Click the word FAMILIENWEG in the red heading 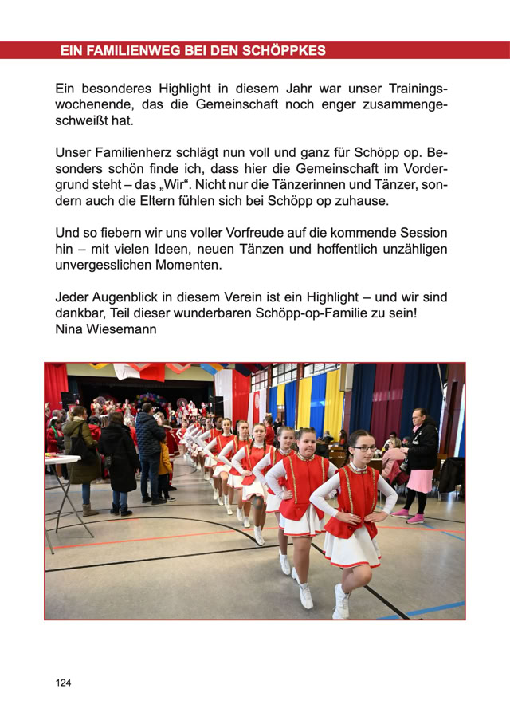click(x=133, y=51)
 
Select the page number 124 click(x=63, y=683)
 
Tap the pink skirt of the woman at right click(x=419, y=480)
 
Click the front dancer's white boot click(x=341, y=600)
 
